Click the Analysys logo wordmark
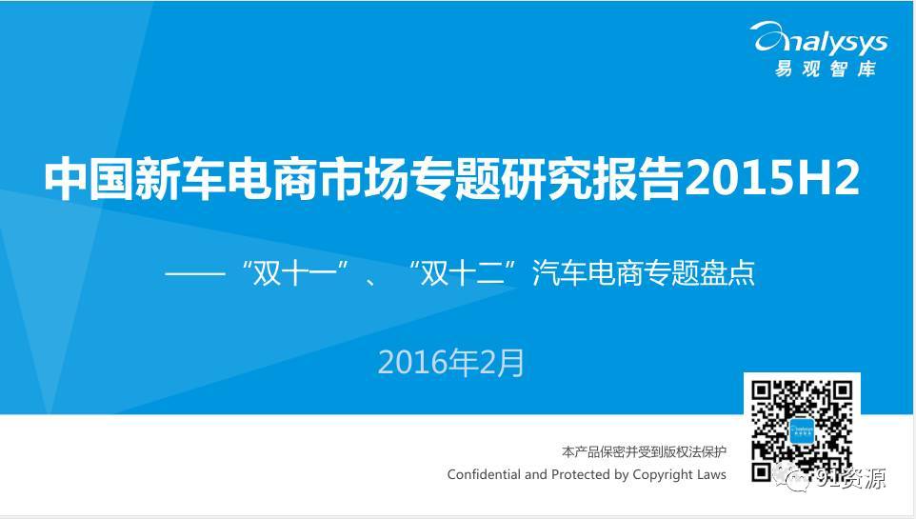click(820, 39)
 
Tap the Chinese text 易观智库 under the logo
click(826, 70)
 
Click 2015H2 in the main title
click(772, 178)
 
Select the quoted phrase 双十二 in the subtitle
click(465, 273)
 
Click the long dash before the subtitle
click(195, 273)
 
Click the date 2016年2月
click(451, 363)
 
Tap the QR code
click(802, 430)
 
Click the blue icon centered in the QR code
click(802, 431)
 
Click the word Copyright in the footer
click(662, 475)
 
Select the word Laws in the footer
click(710, 474)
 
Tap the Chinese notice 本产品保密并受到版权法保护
click(644, 451)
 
